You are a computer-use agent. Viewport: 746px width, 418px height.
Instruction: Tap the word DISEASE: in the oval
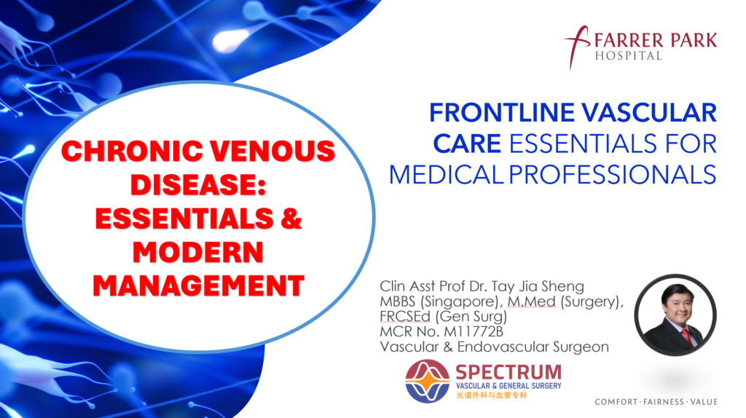[x=198, y=185]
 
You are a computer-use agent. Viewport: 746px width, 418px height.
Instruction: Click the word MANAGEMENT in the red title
[x=198, y=285]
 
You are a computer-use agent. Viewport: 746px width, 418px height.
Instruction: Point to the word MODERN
[x=198, y=252]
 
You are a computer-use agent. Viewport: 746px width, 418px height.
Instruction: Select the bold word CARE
[x=467, y=143]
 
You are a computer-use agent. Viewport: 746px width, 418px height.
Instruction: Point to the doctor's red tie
[x=684, y=336]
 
